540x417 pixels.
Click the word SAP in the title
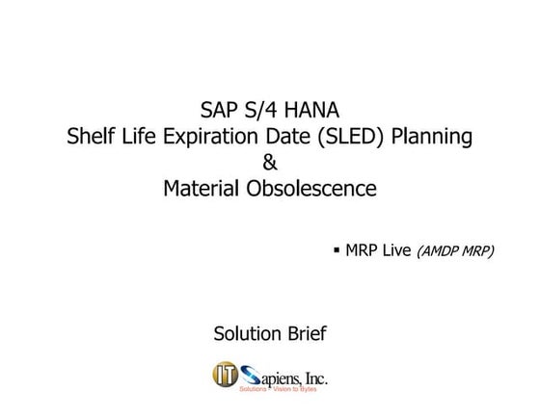(219, 110)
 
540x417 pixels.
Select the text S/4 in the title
(262, 110)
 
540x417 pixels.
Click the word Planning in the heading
(432, 137)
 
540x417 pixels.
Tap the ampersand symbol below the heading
(270, 163)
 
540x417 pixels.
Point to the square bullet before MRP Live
(337, 249)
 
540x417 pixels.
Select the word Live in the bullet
(396, 250)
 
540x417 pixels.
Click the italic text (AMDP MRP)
(455, 251)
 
